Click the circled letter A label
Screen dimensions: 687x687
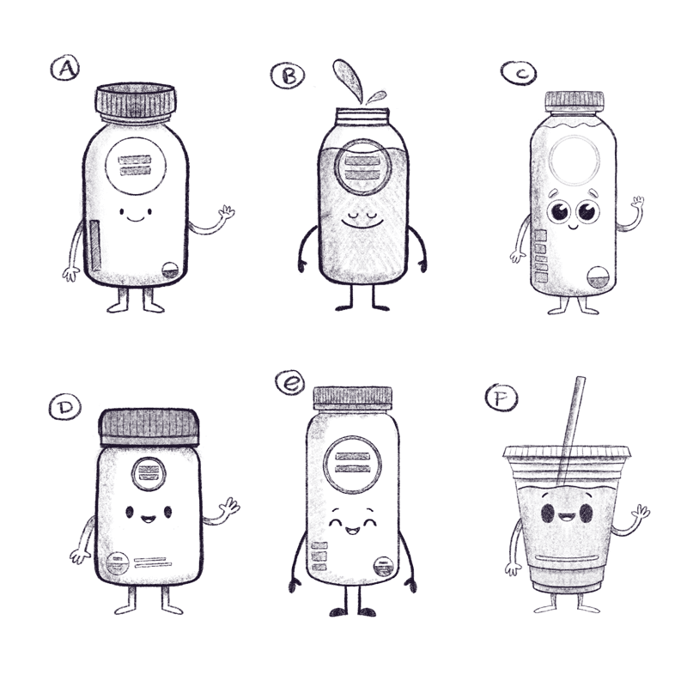(x=65, y=68)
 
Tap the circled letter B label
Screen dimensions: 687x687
(x=288, y=76)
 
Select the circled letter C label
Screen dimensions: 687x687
(x=519, y=73)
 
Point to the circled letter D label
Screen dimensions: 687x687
(x=65, y=407)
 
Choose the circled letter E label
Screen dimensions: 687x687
(x=289, y=383)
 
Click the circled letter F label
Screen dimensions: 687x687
(x=502, y=398)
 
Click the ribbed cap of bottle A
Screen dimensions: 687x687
(x=136, y=100)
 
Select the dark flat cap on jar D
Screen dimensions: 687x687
(x=149, y=427)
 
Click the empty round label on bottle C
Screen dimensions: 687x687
(x=575, y=161)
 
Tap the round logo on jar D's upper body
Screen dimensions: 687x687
(x=149, y=474)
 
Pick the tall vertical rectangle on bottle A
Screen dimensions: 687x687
(x=95, y=246)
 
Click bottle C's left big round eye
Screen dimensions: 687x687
(x=559, y=211)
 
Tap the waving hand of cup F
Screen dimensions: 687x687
(x=640, y=512)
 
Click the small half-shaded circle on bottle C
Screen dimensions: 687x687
(x=598, y=277)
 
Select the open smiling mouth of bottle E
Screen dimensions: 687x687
(x=352, y=531)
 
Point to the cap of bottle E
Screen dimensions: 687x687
(x=352, y=398)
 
